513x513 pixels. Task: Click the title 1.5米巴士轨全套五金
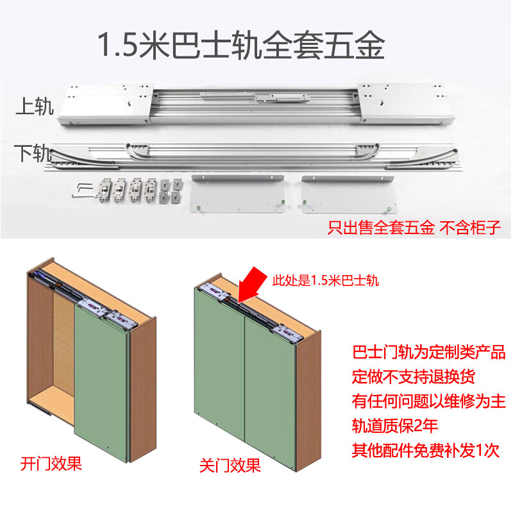pos(240,46)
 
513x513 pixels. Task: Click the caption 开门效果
pos(51,463)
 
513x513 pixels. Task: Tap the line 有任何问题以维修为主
pos(429,401)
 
